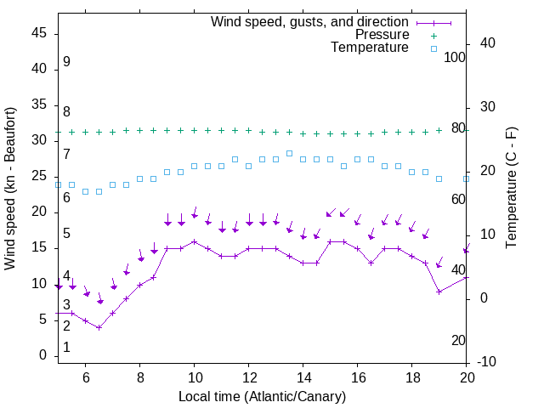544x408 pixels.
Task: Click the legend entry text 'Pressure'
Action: tap(382, 35)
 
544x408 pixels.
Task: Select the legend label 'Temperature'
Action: tap(370, 48)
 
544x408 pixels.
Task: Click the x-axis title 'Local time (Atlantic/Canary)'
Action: tap(262, 397)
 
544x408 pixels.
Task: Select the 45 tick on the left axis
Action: tap(39, 33)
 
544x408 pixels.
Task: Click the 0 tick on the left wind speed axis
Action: tap(42, 355)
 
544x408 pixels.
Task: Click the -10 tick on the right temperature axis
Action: tap(488, 362)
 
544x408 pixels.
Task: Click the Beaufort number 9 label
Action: tap(66, 62)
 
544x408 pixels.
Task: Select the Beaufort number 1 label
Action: tap(66, 348)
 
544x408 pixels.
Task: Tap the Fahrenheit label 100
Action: tap(455, 57)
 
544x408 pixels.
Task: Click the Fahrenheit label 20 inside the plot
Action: tap(458, 340)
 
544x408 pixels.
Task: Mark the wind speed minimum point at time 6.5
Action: tap(99, 327)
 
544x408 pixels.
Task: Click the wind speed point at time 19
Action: tap(439, 292)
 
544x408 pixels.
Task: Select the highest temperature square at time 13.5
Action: tap(289, 153)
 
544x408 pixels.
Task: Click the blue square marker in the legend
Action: tap(433, 48)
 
